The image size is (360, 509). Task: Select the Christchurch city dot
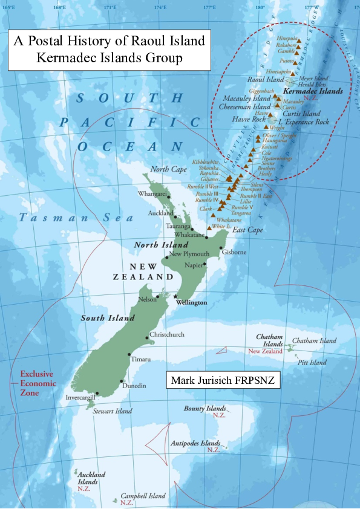(147, 337)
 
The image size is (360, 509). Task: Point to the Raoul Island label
(266, 79)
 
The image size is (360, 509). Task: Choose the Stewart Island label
(113, 411)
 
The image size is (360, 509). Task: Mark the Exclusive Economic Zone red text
(38, 383)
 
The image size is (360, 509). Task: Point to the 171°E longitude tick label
(110, 7)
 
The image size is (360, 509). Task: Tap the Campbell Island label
(143, 496)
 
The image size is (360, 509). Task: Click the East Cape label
(247, 230)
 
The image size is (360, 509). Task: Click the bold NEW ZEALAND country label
(138, 271)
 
